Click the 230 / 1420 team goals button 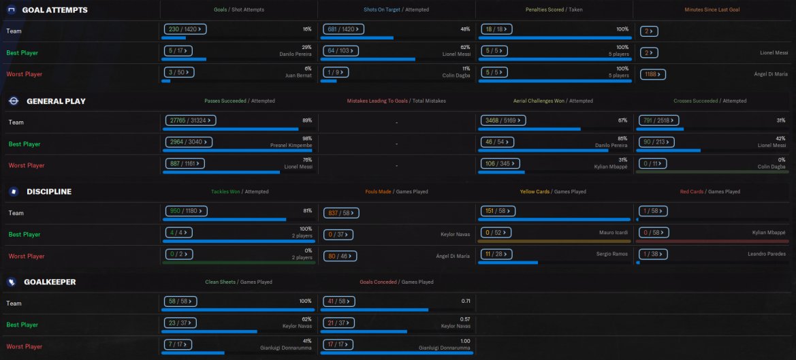tap(185, 30)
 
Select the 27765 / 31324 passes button tap(189, 120)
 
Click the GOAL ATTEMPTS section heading tap(54, 10)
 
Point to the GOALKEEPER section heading tap(50, 282)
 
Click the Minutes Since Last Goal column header tap(712, 10)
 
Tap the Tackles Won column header tap(225, 192)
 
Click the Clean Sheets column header tap(221, 282)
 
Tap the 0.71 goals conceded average tap(466, 300)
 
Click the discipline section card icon tap(13, 192)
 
